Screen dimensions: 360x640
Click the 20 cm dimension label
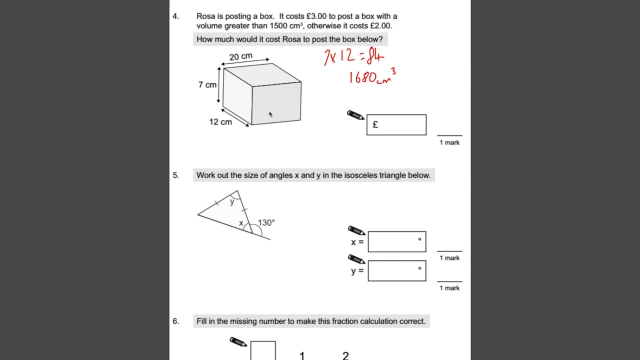pyautogui.click(x=240, y=56)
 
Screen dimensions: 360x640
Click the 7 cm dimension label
pyautogui.click(x=207, y=85)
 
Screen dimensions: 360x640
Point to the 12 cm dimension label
pyautogui.click(x=220, y=122)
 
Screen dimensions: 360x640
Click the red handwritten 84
pyautogui.click(x=375, y=56)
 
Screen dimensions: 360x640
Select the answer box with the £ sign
pyautogui.click(x=396, y=125)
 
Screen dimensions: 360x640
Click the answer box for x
pyautogui.click(x=396, y=241)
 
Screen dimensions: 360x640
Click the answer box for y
pyautogui.click(x=396, y=271)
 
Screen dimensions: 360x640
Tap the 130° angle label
pyautogui.click(x=266, y=222)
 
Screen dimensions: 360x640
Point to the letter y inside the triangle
pyautogui.click(x=232, y=202)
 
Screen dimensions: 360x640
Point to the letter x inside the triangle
pyautogui.click(x=241, y=223)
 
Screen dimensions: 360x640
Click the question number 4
pyautogui.click(x=175, y=16)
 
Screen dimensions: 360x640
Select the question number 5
pyautogui.click(x=175, y=175)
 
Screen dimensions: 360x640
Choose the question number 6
pyautogui.click(x=175, y=321)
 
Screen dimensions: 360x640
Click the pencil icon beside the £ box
pyautogui.click(x=355, y=115)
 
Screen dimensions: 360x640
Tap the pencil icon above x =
pyautogui.click(x=356, y=230)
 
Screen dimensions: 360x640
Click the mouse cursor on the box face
pyautogui.click(x=270, y=114)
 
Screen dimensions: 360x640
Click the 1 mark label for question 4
pyautogui.click(x=449, y=142)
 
